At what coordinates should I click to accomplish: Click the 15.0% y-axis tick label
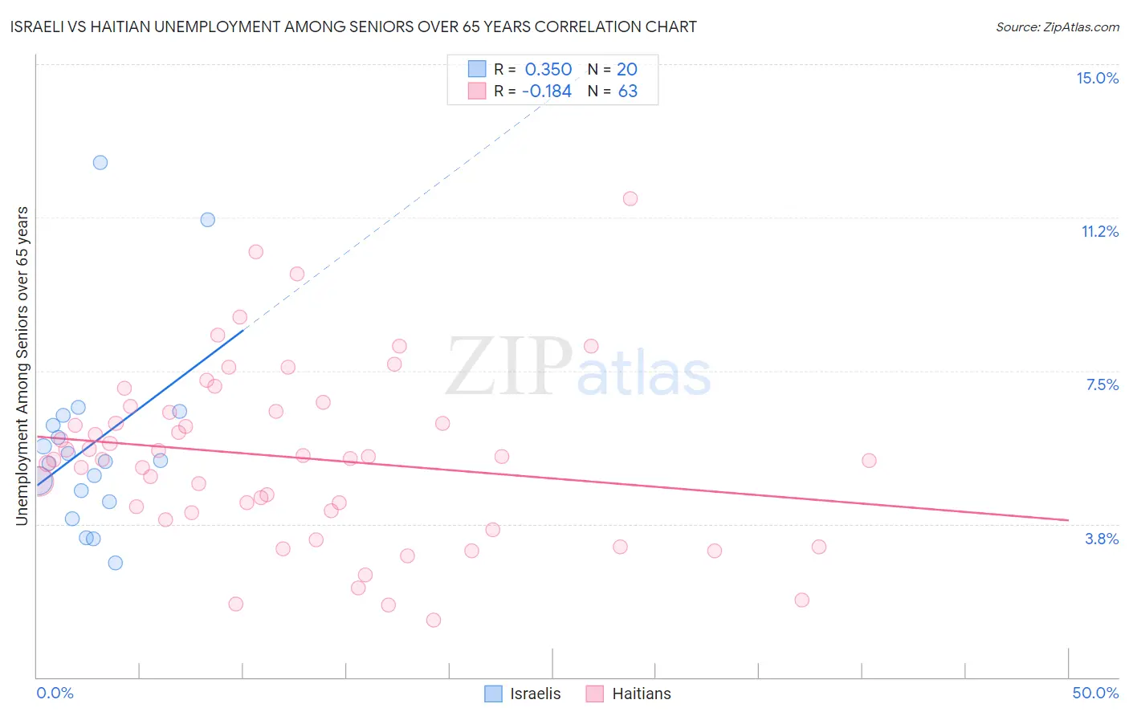point(1097,78)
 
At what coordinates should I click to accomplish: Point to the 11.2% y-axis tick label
point(1099,231)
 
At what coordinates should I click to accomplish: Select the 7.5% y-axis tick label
point(1102,384)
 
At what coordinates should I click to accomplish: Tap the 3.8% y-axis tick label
point(1102,539)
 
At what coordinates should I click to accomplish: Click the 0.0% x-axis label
point(55,693)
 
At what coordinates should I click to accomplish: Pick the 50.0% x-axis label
point(1094,693)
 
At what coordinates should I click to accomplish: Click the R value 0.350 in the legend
point(548,70)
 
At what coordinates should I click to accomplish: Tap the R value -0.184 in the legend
point(547,92)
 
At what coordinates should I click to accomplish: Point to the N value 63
point(628,92)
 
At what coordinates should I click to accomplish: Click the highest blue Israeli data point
point(100,162)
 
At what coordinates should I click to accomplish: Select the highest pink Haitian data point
point(630,198)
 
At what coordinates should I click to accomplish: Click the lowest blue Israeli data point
point(116,563)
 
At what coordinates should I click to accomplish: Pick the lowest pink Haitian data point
point(434,620)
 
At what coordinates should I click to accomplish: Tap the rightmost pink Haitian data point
point(869,461)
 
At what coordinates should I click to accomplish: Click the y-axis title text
point(22,366)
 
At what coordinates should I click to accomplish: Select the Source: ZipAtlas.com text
point(1057,26)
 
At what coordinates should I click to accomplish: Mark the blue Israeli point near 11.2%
point(208,219)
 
